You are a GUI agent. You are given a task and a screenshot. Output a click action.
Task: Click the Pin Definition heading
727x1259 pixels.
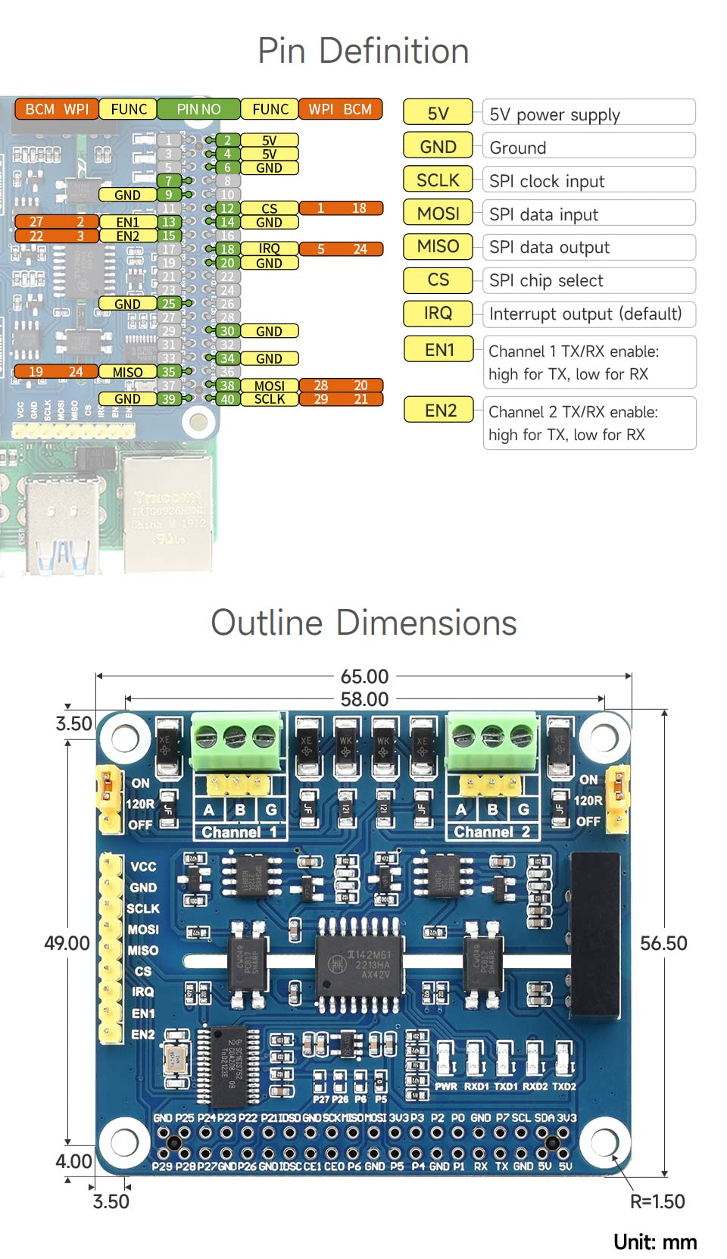pos(363,52)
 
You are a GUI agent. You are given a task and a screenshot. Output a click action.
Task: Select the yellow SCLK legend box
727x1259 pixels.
pos(438,180)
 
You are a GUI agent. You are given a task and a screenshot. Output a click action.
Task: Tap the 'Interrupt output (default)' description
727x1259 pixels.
pos(585,314)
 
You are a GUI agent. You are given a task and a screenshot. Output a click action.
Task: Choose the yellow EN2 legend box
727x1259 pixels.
pos(440,411)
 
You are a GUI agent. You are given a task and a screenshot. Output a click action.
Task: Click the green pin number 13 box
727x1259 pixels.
pos(168,222)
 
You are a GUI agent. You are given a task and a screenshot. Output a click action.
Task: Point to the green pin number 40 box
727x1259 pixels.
pos(227,399)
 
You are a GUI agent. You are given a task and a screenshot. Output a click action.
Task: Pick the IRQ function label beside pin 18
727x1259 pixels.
pos(269,248)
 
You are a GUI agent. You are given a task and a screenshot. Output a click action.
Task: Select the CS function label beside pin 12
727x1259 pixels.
pos(269,208)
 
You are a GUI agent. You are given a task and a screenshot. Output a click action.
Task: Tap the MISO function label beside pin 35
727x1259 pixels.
pos(127,372)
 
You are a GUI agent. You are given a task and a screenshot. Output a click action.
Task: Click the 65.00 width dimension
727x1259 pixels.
pos(364,676)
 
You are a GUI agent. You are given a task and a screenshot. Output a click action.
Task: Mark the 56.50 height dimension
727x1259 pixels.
pos(663,943)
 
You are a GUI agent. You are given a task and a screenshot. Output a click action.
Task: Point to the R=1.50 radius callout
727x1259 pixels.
pos(657,1201)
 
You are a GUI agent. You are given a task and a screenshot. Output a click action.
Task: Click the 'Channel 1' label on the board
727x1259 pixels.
pos(239,832)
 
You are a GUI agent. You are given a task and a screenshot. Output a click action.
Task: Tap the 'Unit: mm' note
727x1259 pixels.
pos(655,1242)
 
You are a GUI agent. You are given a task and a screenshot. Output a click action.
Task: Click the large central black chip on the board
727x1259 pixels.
pos(358,965)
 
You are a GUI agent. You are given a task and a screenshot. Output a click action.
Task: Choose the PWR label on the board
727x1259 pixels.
pos(445,1086)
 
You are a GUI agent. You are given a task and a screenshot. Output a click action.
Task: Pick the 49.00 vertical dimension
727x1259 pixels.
pos(67,943)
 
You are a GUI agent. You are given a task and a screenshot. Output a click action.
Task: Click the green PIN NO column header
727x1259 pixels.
pos(198,109)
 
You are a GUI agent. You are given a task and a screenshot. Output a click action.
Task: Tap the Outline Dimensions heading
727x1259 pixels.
pos(363,623)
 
